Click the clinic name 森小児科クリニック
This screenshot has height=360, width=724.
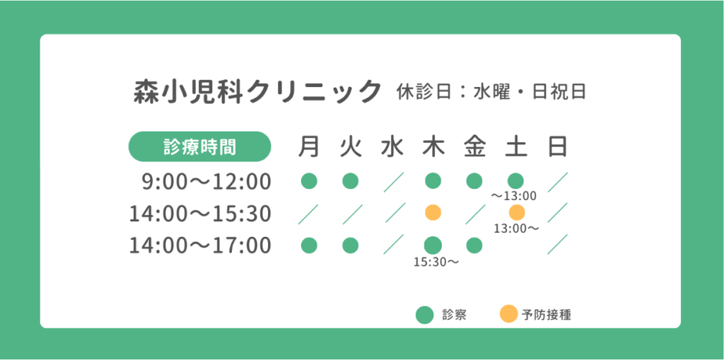pos(257,91)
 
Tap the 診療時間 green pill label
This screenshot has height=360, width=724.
pos(199,146)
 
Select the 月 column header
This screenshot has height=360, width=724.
pos(309,146)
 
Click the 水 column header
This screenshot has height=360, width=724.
pos(392,146)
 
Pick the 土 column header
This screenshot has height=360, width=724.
pos(516,146)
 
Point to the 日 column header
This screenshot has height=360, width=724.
pos(558,146)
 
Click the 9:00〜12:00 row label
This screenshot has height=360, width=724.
pos(206,182)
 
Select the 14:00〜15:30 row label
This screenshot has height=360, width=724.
pos(200,214)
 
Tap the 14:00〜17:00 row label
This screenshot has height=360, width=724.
pos(200,245)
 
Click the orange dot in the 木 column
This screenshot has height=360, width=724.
pos(433,213)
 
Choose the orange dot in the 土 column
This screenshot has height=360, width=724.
pos(517,213)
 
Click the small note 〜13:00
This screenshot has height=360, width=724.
pos(513,196)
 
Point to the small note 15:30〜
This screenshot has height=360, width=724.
pos(436,262)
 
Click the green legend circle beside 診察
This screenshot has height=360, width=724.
pos(424,315)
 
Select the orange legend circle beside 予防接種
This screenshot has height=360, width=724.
pos(508,315)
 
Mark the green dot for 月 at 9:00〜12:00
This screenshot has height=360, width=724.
pos(309,180)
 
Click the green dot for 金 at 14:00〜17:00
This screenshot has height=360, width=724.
pos(474,245)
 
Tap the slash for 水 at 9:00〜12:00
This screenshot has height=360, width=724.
pos(393,182)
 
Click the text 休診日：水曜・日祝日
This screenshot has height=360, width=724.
pos(491,91)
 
